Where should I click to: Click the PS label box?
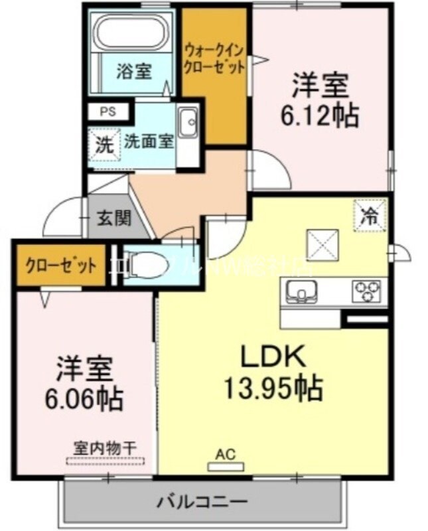click(107, 112)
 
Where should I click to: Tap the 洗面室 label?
click(149, 141)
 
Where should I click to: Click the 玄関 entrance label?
click(115, 218)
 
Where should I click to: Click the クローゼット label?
click(60, 265)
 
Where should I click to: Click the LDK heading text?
click(273, 357)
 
